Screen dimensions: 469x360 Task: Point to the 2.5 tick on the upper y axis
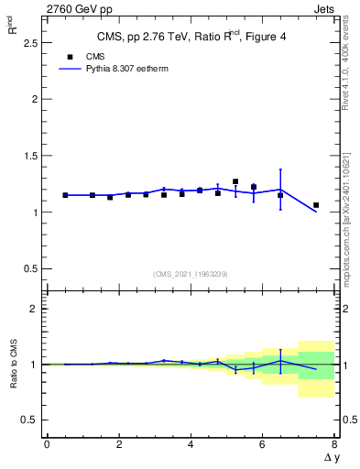tap(31, 42)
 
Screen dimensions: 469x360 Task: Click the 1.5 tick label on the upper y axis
tap(31, 156)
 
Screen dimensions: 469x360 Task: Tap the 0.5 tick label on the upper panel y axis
tap(31, 268)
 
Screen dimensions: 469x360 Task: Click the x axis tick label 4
tap(190, 444)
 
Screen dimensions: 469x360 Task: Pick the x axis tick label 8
tap(334, 444)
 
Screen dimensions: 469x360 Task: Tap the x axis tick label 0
tap(47, 444)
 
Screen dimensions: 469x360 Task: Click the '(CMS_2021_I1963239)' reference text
tap(190, 274)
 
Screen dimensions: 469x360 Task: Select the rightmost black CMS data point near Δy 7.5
tap(316, 205)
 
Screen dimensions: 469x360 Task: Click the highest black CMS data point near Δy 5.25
tap(235, 181)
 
